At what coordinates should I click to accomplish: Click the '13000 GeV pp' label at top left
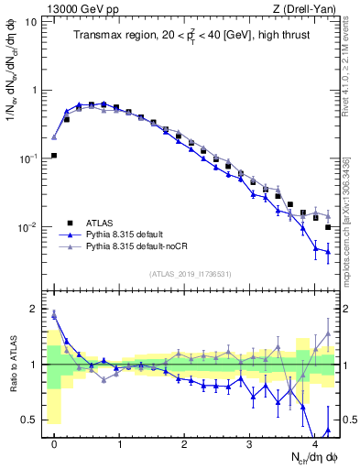coord(76,8)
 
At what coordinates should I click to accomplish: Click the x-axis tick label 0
coord(55,443)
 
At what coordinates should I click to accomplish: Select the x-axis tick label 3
coord(250,443)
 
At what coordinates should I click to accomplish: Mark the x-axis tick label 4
coord(314,443)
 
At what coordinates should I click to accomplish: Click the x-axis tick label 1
coord(120,443)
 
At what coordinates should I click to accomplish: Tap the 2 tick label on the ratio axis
coord(34,309)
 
